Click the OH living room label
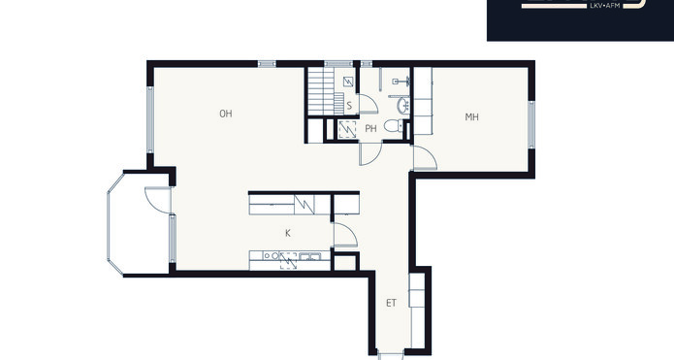coord(226,114)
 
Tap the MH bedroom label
coord(471,117)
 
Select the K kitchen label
coord(288,233)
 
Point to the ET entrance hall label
coord(391,303)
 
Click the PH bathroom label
coord(370,129)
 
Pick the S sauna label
coord(349,106)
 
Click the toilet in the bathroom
coord(394,125)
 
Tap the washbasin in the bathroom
coord(403,106)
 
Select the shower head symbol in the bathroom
coord(401,81)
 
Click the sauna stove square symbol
coord(348,82)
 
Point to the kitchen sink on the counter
coord(309,256)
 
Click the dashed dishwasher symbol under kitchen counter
coord(288,261)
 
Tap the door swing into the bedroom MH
coord(425,157)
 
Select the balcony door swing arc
coord(157,200)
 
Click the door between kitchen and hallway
coord(345,235)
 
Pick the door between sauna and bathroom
coord(369,104)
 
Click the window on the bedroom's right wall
coord(531,125)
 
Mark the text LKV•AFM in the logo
coord(605,6)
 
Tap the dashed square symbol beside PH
coord(347,129)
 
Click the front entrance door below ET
coord(390,356)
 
